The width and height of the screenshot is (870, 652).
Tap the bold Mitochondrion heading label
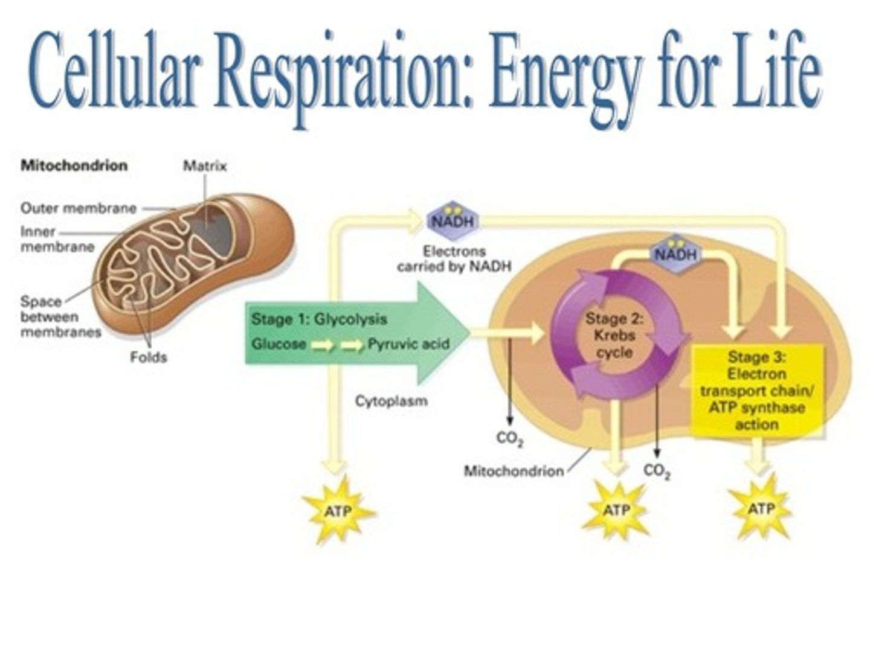[74, 165]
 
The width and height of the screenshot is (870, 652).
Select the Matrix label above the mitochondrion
[205, 165]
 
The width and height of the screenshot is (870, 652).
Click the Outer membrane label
[79, 208]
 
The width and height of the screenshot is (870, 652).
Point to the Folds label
[148, 357]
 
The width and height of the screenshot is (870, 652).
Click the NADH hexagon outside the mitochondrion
[452, 222]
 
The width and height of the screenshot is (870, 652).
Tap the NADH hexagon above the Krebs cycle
[675, 254]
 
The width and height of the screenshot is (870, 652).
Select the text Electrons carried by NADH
[454, 258]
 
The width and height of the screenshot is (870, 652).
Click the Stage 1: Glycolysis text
[318, 319]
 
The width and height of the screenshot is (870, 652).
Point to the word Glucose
[279, 344]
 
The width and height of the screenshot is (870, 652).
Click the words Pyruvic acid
[408, 344]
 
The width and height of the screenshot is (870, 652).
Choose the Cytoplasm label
[391, 401]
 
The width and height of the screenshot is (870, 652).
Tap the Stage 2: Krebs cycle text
[614, 335]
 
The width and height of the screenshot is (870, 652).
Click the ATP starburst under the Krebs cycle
[616, 511]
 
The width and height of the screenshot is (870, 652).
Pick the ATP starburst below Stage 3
[761, 509]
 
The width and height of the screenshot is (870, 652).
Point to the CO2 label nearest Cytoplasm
[509, 439]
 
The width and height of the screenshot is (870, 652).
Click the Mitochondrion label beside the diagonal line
[513, 471]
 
